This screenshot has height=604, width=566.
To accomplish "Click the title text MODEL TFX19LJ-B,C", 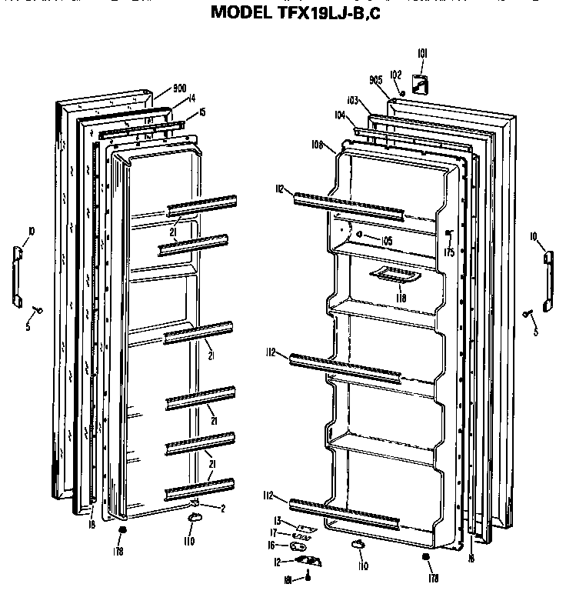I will (x=295, y=12).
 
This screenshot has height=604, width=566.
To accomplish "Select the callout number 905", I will (x=376, y=80).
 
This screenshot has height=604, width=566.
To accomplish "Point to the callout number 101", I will (x=422, y=53).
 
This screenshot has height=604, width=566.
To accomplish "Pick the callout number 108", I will (x=317, y=144).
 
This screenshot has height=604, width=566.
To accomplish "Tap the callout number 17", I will (x=273, y=533).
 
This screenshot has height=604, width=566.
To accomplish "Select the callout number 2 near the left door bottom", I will (x=222, y=509).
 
